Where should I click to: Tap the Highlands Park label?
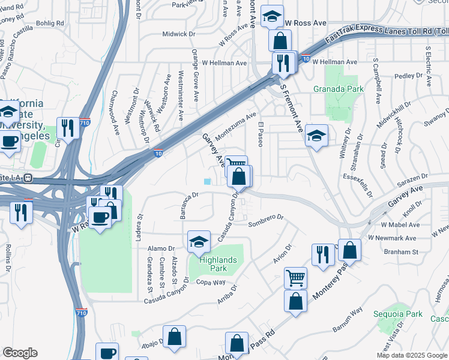pyautogui.click(x=210, y=264)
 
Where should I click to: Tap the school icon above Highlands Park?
pyautogui.click(x=199, y=241)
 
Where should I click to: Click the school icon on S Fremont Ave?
pyautogui.click(x=316, y=135)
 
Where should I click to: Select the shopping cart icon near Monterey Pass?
pyautogui.click(x=295, y=278)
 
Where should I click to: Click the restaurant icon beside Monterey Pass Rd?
pyautogui.click(x=323, y=254)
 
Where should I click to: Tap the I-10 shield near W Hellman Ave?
pyautogui.click(x=306, y=59)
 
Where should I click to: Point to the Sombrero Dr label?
pyautogui.click(x=265, y=224)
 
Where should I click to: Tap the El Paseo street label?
pyautogui.click(x=261, y=134)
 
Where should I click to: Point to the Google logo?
pyautogui.click(x=20, y=353)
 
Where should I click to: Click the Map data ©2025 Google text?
pyautogui.click(x=412, y=355)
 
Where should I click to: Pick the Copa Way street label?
pyautogui.click(x=211, y=282)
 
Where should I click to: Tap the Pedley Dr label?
pyautogui.click(x=409, y=76)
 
